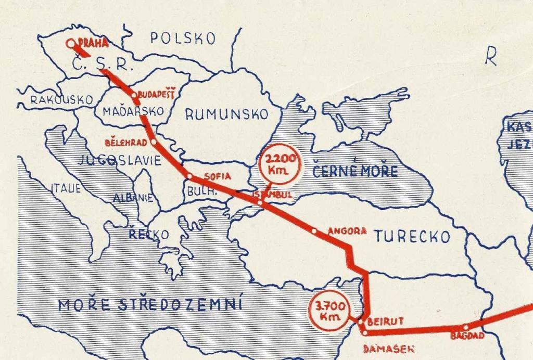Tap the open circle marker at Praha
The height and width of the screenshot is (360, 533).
(x=71, y=44)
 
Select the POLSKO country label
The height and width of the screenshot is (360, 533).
(x=183, y=38)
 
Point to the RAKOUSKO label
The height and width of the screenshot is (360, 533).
(x=61, y=99)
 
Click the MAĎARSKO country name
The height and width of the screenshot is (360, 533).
(x=133, y=111)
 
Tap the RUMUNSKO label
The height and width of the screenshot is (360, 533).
(x=227, y=114)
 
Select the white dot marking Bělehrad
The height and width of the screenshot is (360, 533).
(x=154, y=141)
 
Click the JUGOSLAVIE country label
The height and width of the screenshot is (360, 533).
(x=119, y=161)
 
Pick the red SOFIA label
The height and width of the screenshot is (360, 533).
(x=217, y=176)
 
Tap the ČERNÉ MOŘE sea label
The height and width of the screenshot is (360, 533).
(x=355, y=171)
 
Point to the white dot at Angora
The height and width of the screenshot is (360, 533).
(x=314, y=230)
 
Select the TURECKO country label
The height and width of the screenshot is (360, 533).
(x=411, y=237)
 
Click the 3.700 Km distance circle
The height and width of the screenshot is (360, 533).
(x=328, y=312)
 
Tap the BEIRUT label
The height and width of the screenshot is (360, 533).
(x=385, y=322)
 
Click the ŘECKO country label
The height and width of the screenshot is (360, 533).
(x=149, y=235)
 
